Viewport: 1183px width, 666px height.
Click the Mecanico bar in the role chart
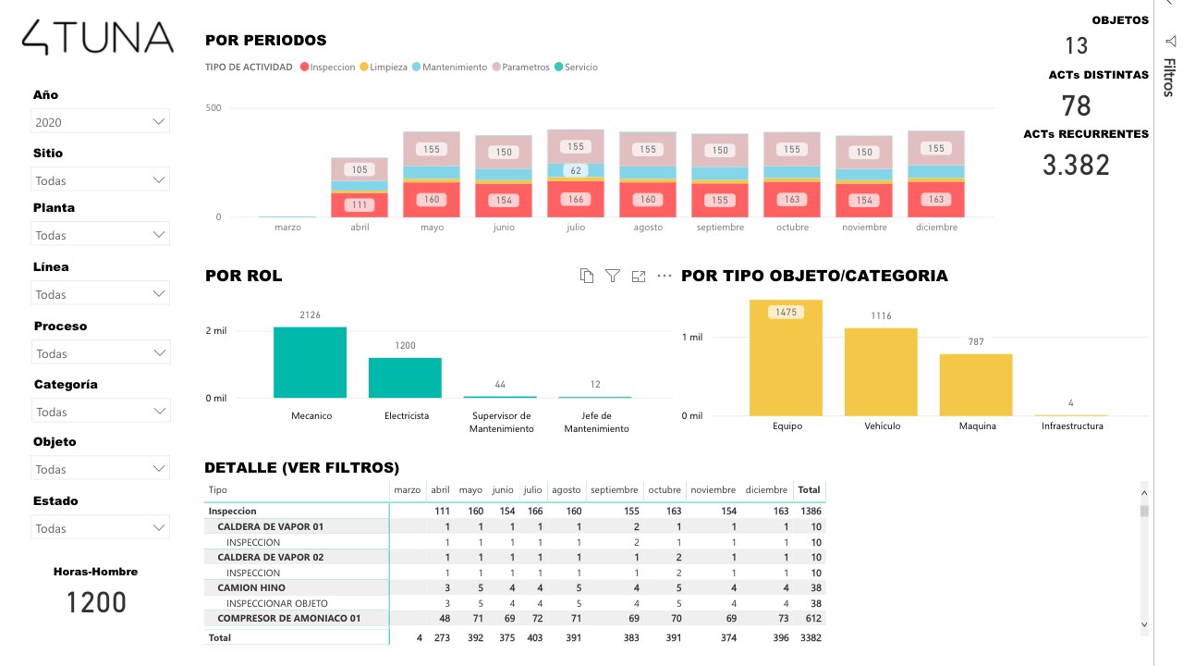310,362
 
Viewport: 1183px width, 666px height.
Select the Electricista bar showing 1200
405,377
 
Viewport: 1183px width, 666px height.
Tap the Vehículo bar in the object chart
880,372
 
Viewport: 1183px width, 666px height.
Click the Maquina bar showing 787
976,385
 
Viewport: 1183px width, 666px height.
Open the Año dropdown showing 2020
101,122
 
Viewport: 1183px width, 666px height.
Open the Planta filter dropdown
101,236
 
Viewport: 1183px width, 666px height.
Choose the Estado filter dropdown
101,529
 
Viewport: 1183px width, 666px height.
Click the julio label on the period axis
576,228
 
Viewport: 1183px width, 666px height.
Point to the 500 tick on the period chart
213,108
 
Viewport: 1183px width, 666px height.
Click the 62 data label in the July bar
576,170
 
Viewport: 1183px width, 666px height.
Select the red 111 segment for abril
360,205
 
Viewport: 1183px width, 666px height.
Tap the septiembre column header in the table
614,490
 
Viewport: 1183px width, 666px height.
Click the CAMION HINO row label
251,587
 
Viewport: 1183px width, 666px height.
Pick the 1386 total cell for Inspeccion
811,511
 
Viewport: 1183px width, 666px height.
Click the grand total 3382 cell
811,637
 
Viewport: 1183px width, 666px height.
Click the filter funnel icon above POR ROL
612,276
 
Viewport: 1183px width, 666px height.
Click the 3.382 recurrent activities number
1076,165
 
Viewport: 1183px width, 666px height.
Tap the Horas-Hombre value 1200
96,603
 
